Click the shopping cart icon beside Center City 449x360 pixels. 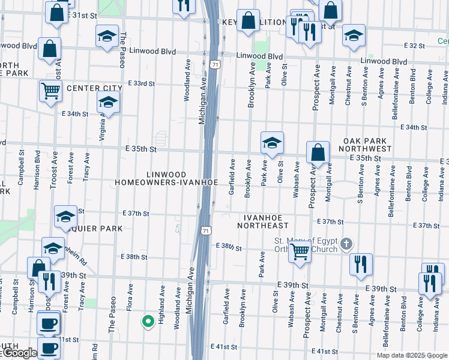[51, 91]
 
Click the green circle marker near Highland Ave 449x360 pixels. [147, 322]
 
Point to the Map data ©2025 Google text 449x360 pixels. [411, 355]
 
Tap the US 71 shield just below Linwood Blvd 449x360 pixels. [215, 63]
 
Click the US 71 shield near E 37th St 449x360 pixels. [206, 230]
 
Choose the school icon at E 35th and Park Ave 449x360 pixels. [272, 143]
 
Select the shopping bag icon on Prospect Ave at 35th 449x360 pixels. [318, 153]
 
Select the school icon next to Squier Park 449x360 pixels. [65, 218]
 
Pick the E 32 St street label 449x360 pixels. [414, 46]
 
